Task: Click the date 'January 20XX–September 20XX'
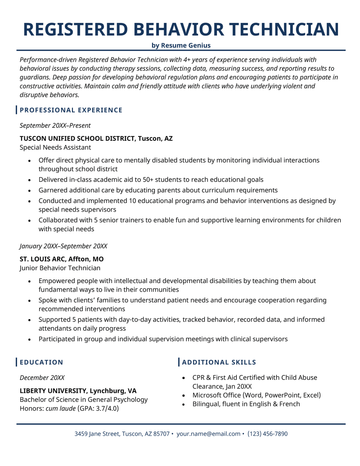click(63, 245)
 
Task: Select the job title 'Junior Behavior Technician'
click(60, 269)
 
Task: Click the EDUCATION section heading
click(47, 361)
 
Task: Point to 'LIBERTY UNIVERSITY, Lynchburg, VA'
click(78, 391)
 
